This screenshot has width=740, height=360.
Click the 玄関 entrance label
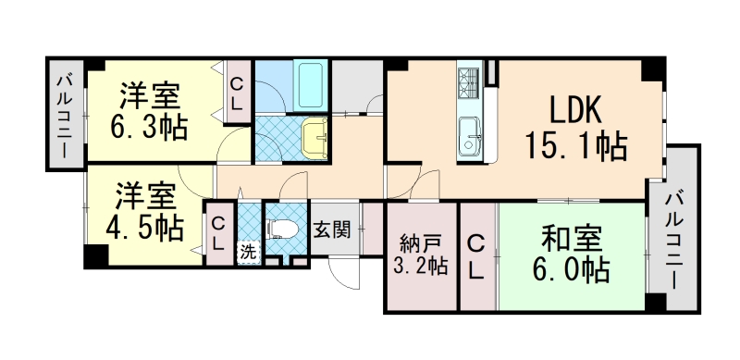(330, 230)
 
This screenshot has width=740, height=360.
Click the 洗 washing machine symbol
(248, 250)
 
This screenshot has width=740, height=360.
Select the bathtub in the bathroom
(307, 87)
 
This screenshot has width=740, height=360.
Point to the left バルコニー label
(65, 115)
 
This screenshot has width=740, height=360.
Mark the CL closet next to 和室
(475, 256)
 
